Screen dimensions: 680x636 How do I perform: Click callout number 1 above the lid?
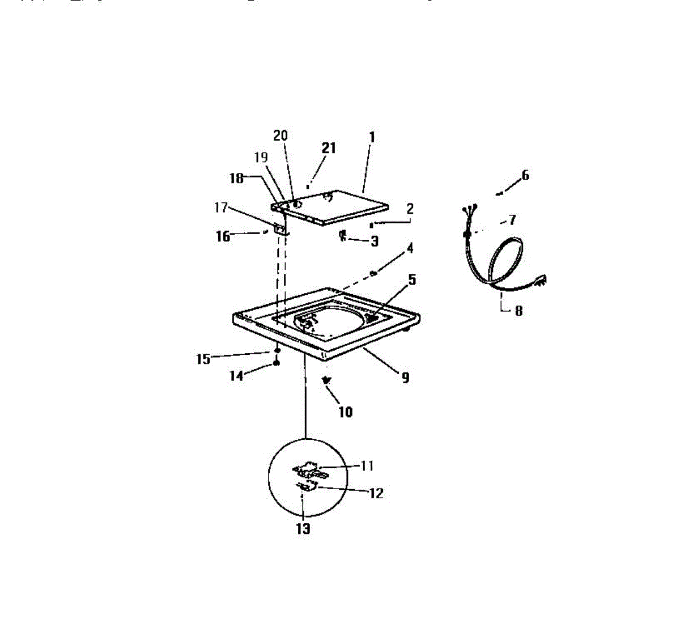coord(372,137)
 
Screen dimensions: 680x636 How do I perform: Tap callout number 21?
coord(329,148)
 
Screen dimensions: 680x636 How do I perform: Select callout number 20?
coord(280,135)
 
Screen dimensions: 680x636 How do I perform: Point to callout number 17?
coord(220,207)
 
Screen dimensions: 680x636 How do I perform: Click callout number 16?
coord(223,236)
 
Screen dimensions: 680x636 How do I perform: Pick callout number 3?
coord(375,241)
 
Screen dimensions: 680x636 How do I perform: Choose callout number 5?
coord(412,279)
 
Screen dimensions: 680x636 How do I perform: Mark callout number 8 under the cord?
coord(518,310)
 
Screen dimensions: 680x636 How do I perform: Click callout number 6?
coord(525,175)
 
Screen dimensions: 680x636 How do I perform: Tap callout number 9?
coord(405,378)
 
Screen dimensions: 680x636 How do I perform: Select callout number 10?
coord(345,412)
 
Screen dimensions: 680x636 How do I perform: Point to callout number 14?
coord(236,375)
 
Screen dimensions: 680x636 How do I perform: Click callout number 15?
coord(203,359)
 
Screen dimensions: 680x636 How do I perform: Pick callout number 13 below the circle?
coord(303,528)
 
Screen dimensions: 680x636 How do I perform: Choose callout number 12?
coord(376,493)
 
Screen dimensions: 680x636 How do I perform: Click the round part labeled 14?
coord(277,363)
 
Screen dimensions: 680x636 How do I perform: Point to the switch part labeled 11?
coord(306,469)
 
